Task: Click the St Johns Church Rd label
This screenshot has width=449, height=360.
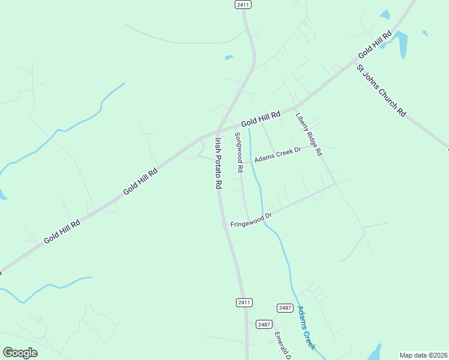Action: (381, 91)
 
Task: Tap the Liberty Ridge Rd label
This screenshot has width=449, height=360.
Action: (309, 135)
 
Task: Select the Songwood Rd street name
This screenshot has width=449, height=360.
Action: (239, 152)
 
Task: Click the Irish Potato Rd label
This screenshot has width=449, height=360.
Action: (218, 164)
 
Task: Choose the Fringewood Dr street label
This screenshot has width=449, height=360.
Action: (252, 220)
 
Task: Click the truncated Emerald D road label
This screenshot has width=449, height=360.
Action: (282, 346)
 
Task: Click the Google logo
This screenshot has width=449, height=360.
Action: (20, 353)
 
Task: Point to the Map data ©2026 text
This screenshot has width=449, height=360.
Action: (423, 355)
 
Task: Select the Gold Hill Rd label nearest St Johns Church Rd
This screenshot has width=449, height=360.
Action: (375, 44)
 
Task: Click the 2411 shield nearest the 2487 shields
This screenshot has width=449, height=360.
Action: (244, 302)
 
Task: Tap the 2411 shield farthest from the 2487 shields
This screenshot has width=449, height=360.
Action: (243, 4)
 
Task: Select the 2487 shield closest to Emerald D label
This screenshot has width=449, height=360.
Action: (264, 324)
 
